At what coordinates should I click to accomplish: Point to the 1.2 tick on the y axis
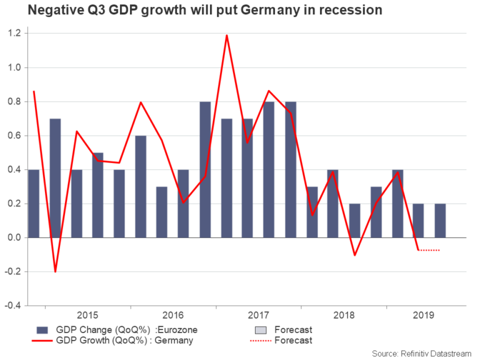(x=14, y=33)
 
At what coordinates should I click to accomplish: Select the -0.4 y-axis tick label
(x=12, y=306)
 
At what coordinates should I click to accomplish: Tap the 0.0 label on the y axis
(x=14, y=237)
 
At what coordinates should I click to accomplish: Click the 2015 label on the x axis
(x=87, y=315)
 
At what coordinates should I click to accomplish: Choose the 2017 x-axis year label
(x=257, y=315)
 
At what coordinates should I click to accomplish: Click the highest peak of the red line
(x=226, y=35)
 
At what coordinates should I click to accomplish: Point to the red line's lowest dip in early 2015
(x=55, y=271)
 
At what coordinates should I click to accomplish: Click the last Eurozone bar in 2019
(x=439, y=221)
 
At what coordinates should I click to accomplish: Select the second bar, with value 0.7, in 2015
(x=55, y=178)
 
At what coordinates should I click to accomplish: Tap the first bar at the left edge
(x=34, y=204)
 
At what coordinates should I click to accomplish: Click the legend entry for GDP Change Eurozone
(x=119, y=329)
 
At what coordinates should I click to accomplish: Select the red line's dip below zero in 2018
(x=354, y=255)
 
